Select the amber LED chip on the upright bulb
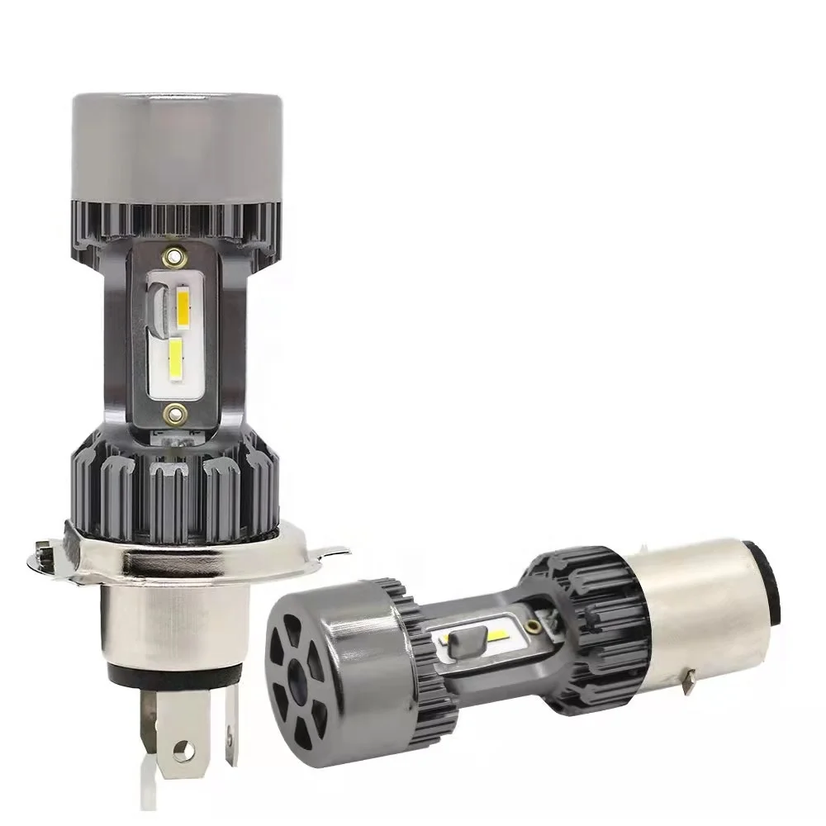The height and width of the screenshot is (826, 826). (185, 306)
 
